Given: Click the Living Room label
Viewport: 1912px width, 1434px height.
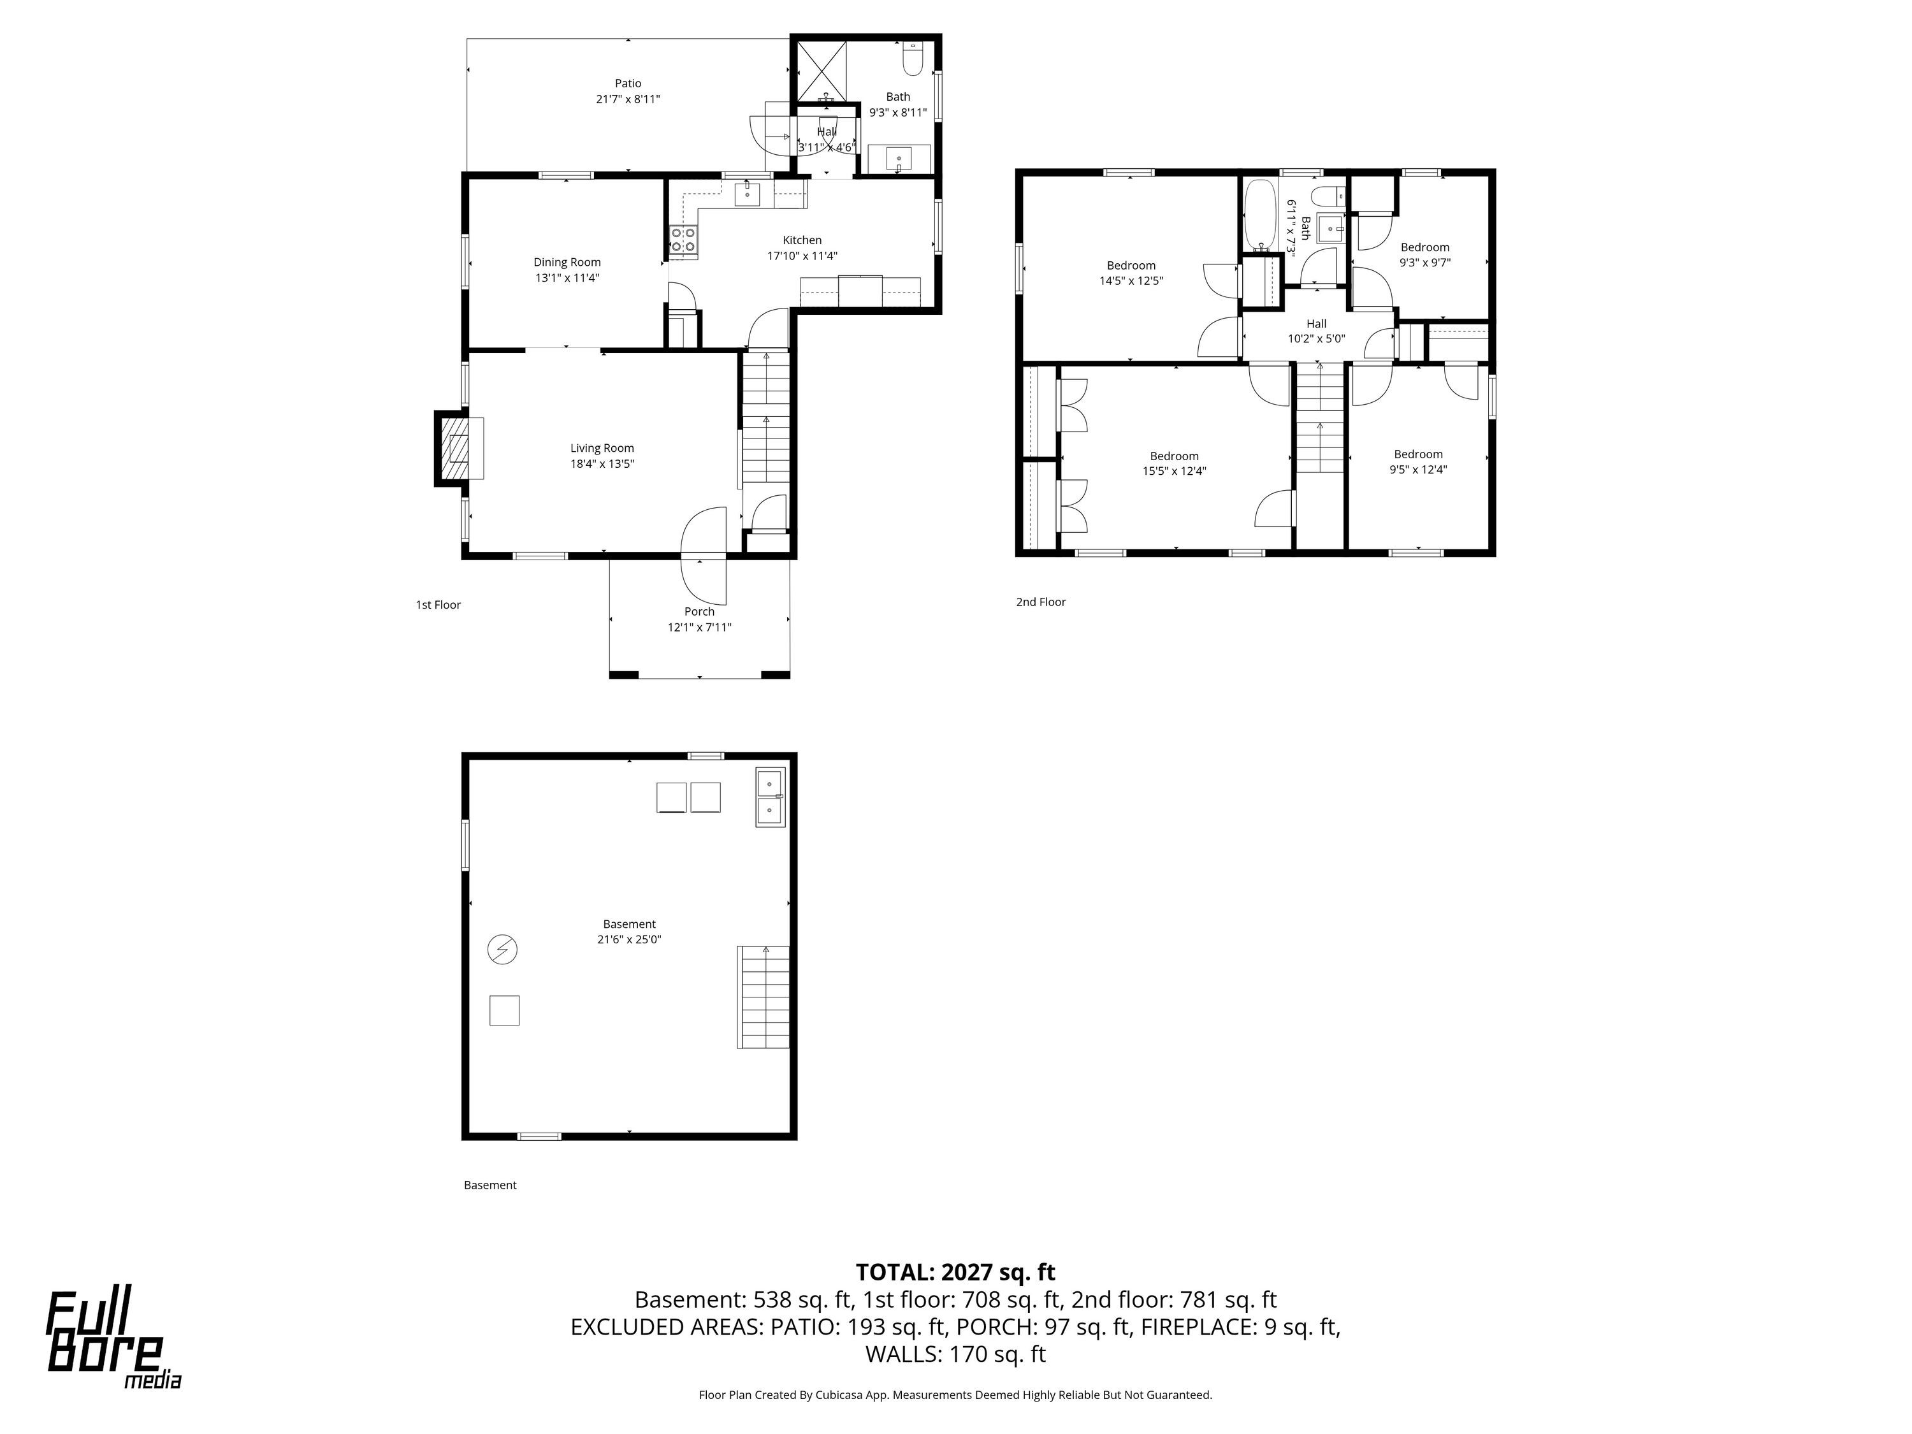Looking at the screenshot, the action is [x=602, y=448].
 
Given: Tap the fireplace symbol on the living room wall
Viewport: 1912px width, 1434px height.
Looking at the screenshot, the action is [x=459, y=449].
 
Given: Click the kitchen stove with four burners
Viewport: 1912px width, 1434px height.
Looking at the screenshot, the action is [x=684, y=241].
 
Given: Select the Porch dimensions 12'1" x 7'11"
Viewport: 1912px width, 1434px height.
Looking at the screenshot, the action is [x=699, y=628].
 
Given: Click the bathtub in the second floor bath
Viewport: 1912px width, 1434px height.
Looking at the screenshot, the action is [x=1260, y=215].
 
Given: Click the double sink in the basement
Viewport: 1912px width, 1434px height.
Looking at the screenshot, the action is [x=770, y=797].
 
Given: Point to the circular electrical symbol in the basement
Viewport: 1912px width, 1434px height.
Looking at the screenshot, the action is [x=502, y=950].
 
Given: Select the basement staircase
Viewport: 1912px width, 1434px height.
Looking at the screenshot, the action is [x=764, y=997].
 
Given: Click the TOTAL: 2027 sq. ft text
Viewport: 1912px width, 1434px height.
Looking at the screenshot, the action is [x=955, y=1272].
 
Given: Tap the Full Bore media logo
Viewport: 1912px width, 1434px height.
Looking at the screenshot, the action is [x=113, y=1340].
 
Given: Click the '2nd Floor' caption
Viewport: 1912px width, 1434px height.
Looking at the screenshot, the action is [x=1041, y=602].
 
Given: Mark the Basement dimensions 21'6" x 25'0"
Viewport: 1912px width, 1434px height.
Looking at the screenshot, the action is [x=629, y=939].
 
